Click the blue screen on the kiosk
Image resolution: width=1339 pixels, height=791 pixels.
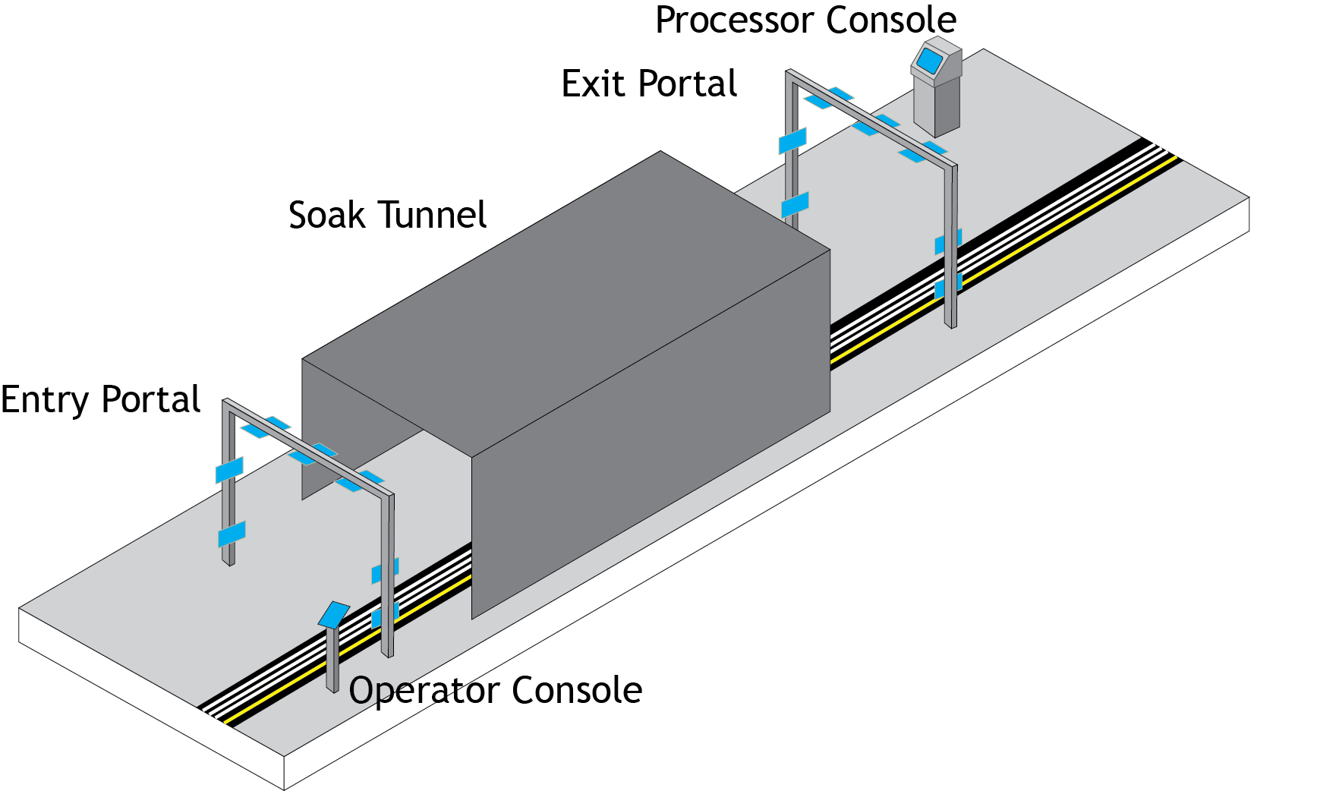click(931, 60)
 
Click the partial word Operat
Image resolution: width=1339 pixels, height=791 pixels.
click(406, 691)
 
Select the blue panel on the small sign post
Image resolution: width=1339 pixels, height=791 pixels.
click(334, 613)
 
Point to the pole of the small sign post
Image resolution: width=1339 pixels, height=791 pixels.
click(332, 660)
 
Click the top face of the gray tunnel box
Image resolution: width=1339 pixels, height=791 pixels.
click(566, 304)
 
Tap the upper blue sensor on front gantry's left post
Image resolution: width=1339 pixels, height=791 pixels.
click(229, 470)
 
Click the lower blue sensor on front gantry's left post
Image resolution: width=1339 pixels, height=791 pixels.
click(232, 534)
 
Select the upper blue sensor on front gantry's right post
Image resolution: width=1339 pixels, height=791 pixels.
click(384, 571)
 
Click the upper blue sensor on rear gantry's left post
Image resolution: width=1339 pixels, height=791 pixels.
click(792, 140)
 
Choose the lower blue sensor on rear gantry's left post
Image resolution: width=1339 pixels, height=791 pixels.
click(795, 204)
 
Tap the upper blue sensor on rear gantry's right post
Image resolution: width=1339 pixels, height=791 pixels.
click(947, 242)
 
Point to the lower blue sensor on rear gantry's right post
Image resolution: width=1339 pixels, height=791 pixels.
click(947, 286)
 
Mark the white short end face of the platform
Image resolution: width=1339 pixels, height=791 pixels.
click(152, 698)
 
